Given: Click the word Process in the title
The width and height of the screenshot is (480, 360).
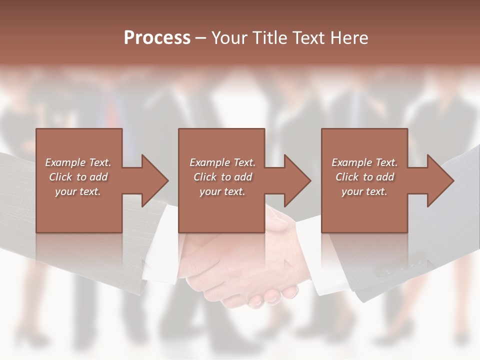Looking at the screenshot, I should tap(157, 38).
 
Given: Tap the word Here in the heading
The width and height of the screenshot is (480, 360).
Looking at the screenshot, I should tap(348, 38).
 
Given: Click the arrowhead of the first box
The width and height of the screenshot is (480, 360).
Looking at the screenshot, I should tap(155, 180).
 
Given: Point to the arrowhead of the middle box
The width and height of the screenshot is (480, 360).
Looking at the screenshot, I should tap(298, 180).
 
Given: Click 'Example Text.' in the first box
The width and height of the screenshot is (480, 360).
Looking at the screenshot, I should tap(78, 162).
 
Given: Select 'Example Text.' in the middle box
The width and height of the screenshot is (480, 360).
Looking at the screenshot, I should tap(222, 162).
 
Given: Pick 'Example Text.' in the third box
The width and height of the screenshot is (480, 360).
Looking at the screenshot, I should tap(364, 162).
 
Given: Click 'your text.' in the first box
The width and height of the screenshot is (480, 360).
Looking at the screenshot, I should tap(78, 191).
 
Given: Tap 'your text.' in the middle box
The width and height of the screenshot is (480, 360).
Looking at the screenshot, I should tap(222, 191).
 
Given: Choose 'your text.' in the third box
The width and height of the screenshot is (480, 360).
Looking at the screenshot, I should tap(364, 191).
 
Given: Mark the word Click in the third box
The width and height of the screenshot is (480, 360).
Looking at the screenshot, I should tap(347, 177).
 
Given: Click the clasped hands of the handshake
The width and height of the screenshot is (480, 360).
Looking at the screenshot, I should tap(240, 270).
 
